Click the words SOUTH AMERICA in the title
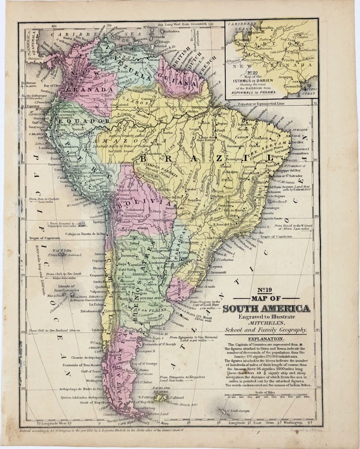tap(266, 308)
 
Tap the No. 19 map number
tap(265, 290)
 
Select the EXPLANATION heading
tap(265, 339)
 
